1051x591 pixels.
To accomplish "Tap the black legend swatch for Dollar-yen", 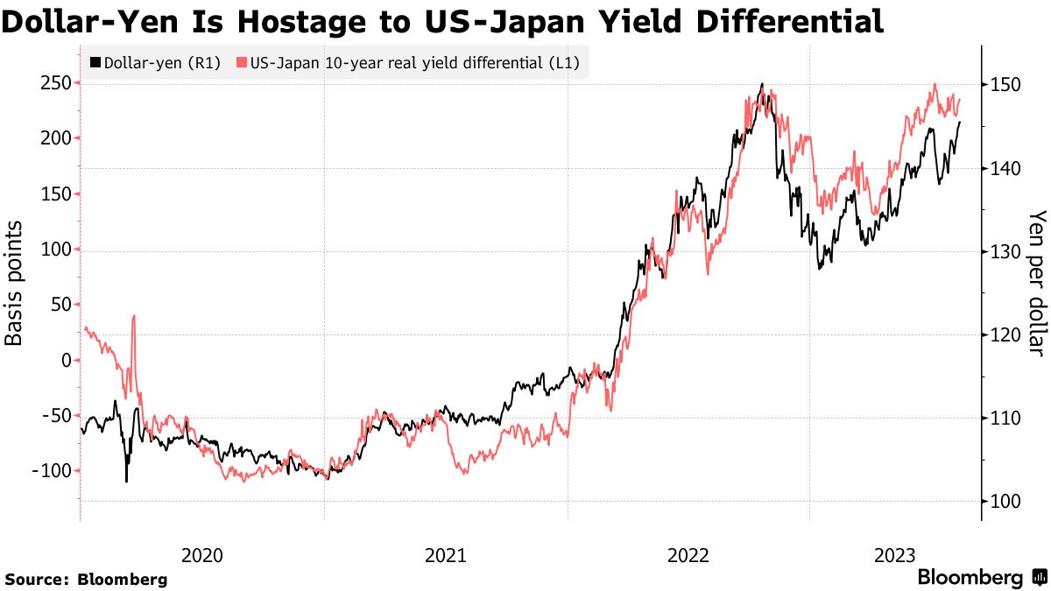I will (95, 63).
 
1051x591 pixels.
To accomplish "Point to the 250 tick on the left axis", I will (54, 83).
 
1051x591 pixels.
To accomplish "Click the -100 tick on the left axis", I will (51, 471).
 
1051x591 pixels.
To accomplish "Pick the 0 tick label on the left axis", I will (66, 360).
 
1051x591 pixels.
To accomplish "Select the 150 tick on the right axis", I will (1004, 85).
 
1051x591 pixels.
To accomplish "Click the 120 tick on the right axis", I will (1004, 335).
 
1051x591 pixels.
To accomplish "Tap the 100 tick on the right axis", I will (1004, 502).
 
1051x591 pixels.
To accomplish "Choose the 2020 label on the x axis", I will (202, 555).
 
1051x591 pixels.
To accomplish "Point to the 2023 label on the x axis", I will (895, 555).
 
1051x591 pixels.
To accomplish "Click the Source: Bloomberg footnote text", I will (86, 579).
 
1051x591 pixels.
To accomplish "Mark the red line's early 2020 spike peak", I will (134, 316).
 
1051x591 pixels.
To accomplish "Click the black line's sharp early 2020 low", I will (126, 481).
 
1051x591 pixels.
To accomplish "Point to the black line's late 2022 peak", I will (762, 85).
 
